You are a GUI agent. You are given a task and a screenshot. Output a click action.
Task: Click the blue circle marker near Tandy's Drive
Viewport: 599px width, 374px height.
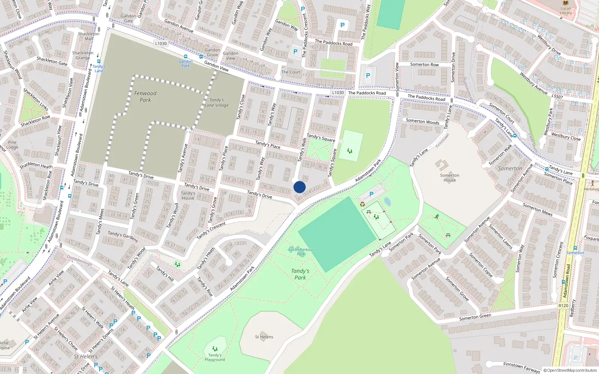(x=299, y=187)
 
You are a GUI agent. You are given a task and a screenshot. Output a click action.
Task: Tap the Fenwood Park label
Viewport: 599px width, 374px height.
(x=145, y=96)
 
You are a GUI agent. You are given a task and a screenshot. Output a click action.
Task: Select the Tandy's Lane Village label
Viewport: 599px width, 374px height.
(x=217, y=102)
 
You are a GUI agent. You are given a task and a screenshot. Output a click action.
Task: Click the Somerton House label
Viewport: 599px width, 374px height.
(x=450, y=178)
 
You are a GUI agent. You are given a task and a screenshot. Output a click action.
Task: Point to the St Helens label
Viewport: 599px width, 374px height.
(x=264, y=337)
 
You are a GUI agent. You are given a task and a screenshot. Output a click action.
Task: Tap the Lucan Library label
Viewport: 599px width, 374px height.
(x=566, y=10)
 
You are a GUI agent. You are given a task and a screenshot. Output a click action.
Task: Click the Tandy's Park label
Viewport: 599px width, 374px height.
(x=300, y=274)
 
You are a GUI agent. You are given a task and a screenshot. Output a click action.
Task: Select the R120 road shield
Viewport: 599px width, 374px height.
(x=563, y=306)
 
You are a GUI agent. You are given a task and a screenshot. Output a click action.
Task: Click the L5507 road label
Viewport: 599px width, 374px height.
(x=557, y=96)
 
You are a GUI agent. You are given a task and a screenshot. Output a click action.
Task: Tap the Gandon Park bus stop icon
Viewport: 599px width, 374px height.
(x=186, y=57)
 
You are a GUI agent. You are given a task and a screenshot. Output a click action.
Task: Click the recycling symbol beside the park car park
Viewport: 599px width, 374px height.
(x=362, y=204)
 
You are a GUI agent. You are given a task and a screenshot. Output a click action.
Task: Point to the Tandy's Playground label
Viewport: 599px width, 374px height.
(x=215, y=357)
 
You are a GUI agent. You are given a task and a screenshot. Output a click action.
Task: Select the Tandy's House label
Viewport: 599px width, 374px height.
(x=188, y=196)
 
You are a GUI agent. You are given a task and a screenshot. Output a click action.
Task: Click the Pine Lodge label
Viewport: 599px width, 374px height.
(x=12, y=145)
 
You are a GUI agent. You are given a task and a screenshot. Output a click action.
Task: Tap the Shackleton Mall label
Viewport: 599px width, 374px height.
(x=89, y=36)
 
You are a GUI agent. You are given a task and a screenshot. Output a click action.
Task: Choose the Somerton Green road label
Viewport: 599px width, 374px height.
(x=475, y=318)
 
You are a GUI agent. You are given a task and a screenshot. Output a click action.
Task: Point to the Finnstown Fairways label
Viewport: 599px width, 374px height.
(x=522, y=367)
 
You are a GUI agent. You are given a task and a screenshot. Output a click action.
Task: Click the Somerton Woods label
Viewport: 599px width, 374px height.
(x=423, y=121)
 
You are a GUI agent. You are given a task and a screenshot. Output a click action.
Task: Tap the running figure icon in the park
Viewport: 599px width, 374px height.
(x=437, y=217)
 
